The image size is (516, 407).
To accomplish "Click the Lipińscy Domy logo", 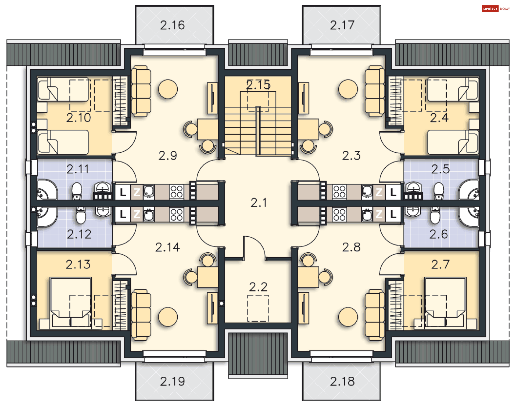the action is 496,9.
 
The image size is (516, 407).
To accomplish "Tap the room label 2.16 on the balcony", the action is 172,25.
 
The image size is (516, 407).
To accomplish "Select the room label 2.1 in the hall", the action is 259,203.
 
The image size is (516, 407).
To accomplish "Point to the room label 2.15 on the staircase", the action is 258,85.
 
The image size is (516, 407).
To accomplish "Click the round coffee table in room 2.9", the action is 168,89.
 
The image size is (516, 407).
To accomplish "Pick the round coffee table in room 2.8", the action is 348,317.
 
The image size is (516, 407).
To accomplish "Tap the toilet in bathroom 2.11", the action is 77,191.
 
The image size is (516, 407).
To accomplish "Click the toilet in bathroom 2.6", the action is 435,215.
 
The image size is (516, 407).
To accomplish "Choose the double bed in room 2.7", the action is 445,303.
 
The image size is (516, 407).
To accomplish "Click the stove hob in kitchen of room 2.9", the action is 177,192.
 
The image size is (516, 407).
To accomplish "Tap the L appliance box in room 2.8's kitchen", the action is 393,214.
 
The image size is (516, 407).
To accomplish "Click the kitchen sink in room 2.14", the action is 149,214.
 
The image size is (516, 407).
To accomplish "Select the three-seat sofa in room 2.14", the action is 141,315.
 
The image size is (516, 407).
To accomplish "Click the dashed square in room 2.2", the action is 258,308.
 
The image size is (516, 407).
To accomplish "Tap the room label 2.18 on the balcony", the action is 342,381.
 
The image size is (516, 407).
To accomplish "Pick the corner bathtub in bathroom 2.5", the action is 469,190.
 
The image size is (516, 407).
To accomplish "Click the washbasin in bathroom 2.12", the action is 103,211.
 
